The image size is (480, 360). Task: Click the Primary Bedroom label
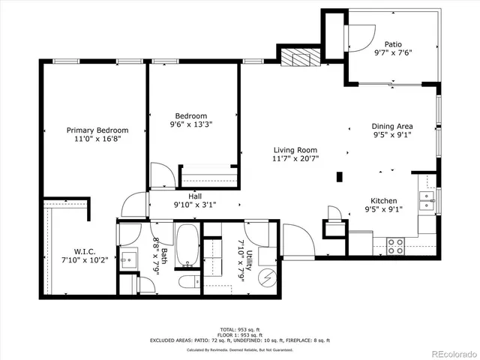click(x=97, y=130)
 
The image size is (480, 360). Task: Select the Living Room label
click(x=295, y=149)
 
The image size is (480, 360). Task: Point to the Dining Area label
click(x=393, y=126)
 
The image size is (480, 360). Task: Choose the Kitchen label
click(x=384, y=201)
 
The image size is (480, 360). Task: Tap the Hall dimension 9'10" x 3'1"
click(x=194, y=205)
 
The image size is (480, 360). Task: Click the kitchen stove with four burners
click(x=394, y=246)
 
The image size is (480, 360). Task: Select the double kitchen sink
click(x=427, y=199)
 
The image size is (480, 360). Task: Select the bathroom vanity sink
click(x=128, y=259)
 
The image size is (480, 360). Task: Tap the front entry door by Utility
click(x=294, y=241)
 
